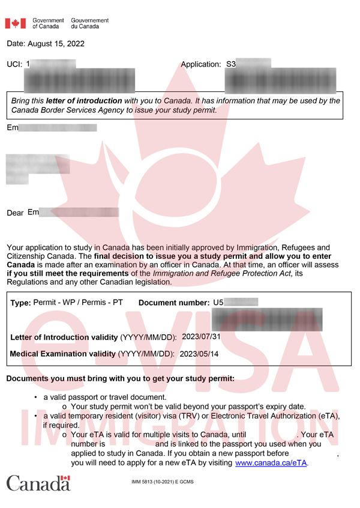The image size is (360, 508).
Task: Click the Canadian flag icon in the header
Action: tap(16, 23)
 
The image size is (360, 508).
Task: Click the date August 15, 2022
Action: tap(46, 44)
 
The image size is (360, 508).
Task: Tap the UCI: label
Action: tap(14, 64)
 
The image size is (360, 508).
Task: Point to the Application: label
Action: tap(200, 64)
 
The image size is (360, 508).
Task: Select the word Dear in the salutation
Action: tap(15, 213)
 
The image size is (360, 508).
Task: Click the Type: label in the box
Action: tap(20, 303)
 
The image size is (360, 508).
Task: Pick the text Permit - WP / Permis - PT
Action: tap(78, 303)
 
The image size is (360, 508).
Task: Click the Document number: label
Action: tap(174, 303)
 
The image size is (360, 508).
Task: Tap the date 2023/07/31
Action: tap(201, 336)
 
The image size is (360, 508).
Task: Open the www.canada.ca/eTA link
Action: tap(271, 463)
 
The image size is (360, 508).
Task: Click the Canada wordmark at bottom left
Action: tap(38, 483)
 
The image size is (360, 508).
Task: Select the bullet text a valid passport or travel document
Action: tap(104, 398)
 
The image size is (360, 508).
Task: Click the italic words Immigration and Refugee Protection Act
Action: tap(223, 274)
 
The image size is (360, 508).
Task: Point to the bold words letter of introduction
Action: tap(84, 101)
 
